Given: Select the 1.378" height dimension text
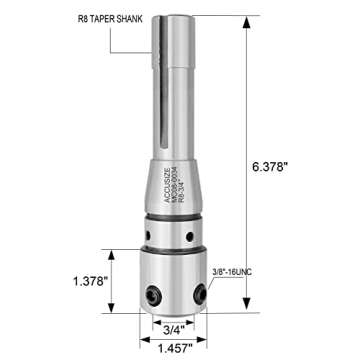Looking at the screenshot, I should tap(90, 281).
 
